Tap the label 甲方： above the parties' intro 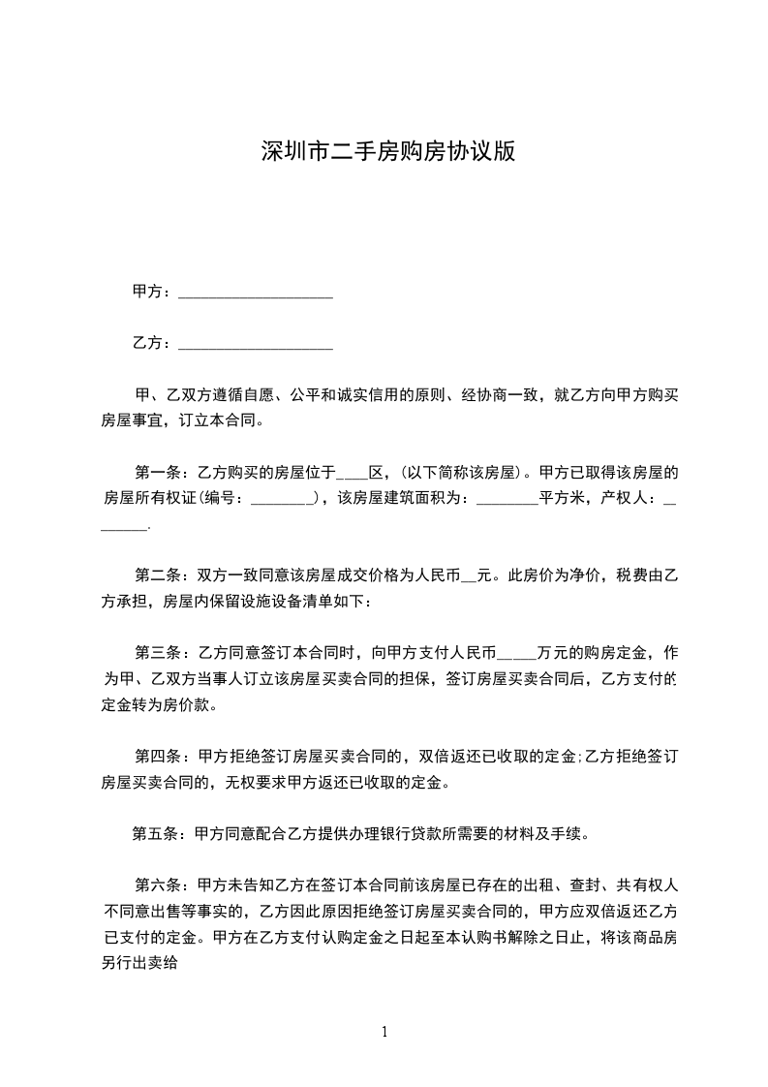point(152,292)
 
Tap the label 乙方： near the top point(152,343)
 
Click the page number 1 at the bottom point(384,1032)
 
